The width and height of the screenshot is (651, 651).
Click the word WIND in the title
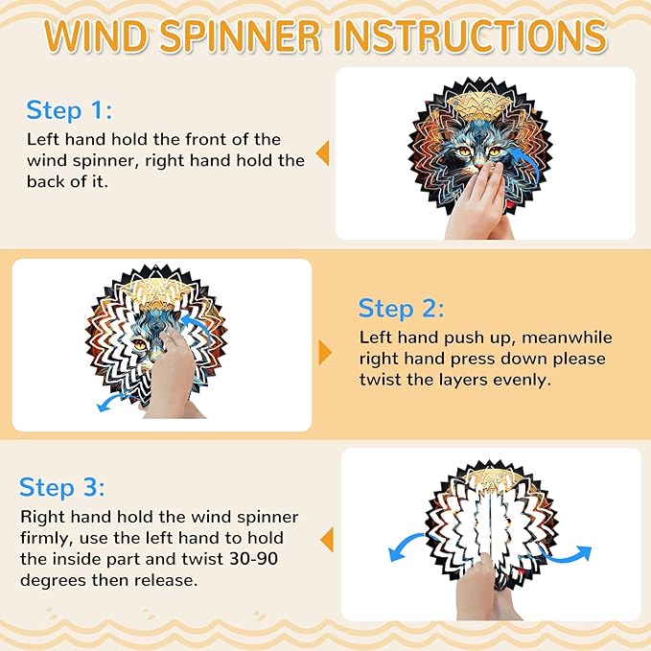coord(96,35)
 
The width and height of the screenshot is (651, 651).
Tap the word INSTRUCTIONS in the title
coord(471,35)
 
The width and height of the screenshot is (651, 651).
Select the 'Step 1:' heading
coord(69,110)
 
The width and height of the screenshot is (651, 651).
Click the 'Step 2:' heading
coord(401,309)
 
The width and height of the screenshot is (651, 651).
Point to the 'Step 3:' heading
coord(62,487)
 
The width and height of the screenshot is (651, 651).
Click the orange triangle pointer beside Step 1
coord(322,153)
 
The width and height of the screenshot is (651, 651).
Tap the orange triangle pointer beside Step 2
coord(325,353)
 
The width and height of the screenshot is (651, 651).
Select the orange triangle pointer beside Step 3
coord(327,540)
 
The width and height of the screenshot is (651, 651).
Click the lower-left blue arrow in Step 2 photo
coord(111,402)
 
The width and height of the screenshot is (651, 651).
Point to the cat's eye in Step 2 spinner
coord(140,344)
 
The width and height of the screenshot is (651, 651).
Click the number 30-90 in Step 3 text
coord(254,559)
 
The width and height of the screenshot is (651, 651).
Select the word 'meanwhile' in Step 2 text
coord(567,337)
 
